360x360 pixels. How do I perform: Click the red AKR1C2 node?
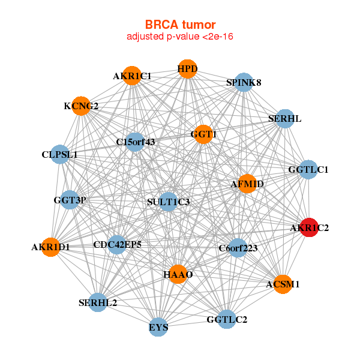pyautogui.click(x=309, y=228)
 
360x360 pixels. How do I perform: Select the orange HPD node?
pyautogui.click(x=188, y=69)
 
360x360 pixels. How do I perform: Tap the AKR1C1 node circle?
pyautogui.click(x=132, y=76)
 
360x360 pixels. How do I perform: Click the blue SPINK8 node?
pyautogui.click(x=243, y=82)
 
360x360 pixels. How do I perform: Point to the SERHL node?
pyautogui.click(x=285, y=118)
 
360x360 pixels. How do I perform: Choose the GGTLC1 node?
pyautogui.click(x=308, y=170)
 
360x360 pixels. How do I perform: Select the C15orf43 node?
pyautogui.click(x=136, y=142)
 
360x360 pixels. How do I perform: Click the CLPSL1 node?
pyautogui.click(x=60, y=154)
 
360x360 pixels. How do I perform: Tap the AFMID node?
pyautogui.click(x=247, y=183)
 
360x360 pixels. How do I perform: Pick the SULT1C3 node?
pyautogui.click(x=168, y=202)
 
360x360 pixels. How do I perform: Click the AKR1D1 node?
pyautogui.click(x=51, y=247)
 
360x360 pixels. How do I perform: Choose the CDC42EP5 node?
pyautogui.click(x=118, y=244)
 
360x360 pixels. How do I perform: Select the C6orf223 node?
pyautogui.click(x=238, y=248)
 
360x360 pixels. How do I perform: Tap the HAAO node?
pyautogui.click(x=178, y=274)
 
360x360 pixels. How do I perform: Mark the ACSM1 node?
pyautogui.click(x=283, y=284)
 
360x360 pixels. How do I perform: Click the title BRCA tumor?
pyautogui.click(x=180, y=25)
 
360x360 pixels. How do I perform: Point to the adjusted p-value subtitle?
pyautogui.click(x=180, y=37)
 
